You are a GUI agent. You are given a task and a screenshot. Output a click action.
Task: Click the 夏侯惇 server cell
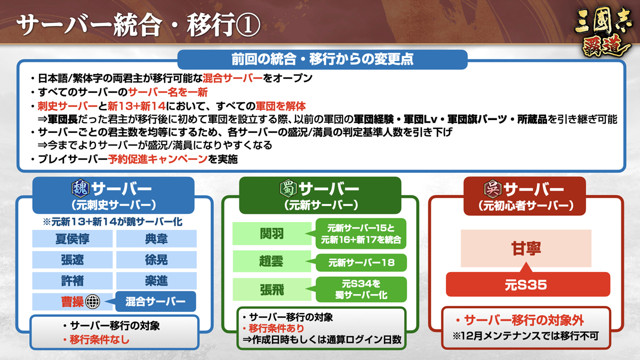73,238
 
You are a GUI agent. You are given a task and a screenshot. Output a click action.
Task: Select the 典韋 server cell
156,238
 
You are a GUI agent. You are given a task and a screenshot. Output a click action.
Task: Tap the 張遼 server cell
73,260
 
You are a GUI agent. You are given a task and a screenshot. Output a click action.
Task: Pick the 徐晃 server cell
156,260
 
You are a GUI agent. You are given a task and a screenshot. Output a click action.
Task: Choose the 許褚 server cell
73,281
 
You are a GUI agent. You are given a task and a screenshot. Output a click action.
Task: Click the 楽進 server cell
156,281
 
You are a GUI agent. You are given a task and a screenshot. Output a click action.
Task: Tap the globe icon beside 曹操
93,302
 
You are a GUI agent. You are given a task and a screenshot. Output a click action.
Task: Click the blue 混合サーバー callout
156,301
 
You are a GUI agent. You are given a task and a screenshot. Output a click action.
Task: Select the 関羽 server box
271,234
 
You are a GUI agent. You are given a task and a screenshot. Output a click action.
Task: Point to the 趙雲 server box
271,261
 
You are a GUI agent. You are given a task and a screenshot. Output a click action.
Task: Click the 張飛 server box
271,290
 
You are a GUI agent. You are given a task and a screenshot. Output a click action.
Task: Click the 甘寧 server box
526,249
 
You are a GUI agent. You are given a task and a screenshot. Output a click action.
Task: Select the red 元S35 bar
528,284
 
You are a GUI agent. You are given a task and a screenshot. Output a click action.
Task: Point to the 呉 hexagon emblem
493,189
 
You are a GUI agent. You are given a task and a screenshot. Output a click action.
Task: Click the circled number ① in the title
247,25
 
